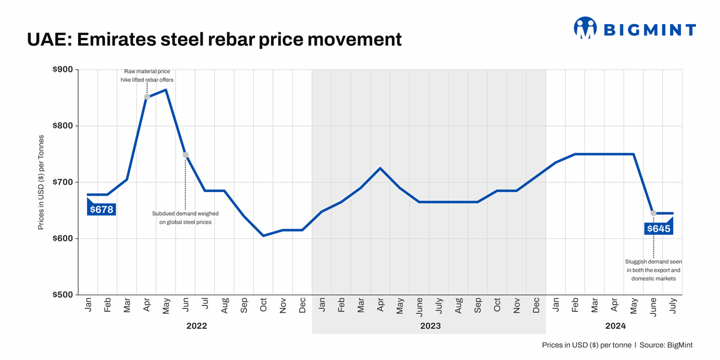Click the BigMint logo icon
(585, 28)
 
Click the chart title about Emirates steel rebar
(214, 39)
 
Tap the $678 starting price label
(101, 209)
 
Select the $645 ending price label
(658, 229)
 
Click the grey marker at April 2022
(147, 97)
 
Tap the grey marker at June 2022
(186, 155)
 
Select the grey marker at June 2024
(653, 213)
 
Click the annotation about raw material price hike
(147, 76)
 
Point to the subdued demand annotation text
(185, 218)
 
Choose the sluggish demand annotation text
(653, 270)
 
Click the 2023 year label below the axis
(430, 326)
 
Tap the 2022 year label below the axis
(196, 326)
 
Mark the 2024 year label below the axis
(615, 326)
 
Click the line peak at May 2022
(166, 90)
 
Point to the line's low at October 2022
(263, 236)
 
